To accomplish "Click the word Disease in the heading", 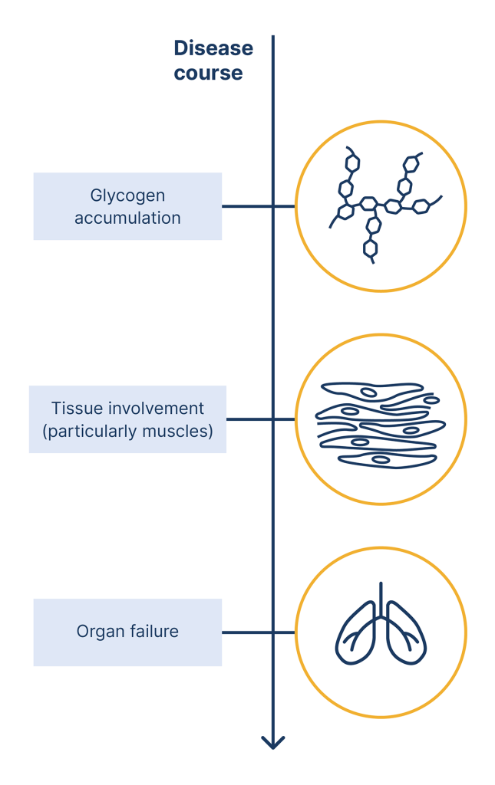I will coord(213,48).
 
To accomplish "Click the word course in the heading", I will coord(208,74).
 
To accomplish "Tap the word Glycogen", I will coord(127,195).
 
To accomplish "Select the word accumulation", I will coord(127,218).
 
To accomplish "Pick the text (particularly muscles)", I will coord(127,431).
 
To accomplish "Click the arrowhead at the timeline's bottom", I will coord(272,741).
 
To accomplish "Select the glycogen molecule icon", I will coord(381,206).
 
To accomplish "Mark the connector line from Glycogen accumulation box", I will coord(246,206).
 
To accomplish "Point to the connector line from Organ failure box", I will coord(246,632).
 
